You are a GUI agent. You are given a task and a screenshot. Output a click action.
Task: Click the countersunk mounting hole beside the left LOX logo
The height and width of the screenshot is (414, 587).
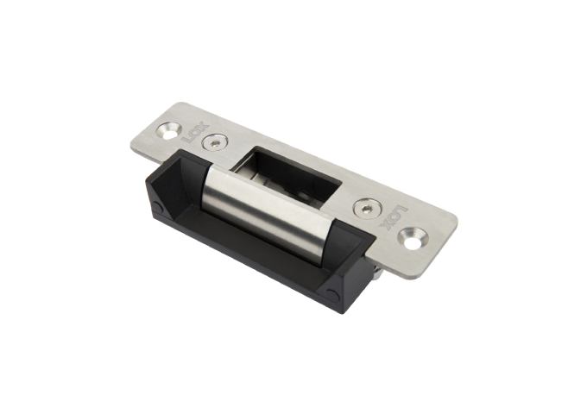point(170,131)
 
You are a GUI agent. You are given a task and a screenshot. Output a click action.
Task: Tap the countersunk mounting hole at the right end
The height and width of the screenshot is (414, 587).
point(417,234)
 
